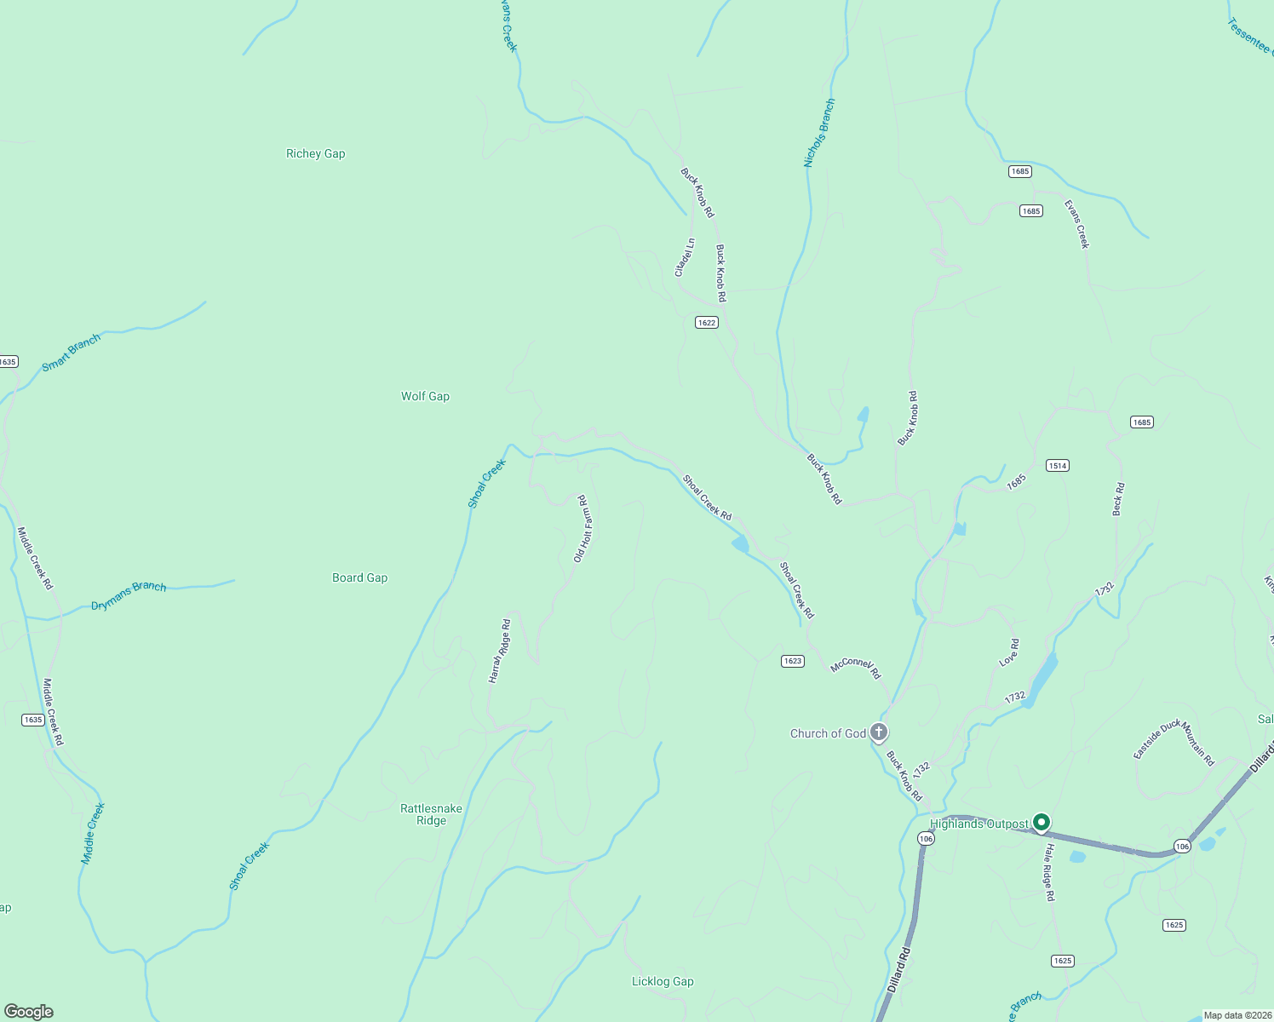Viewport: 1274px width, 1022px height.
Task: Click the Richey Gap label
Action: [x=315, y=153]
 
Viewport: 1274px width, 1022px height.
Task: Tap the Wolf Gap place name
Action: [x=425, y=396]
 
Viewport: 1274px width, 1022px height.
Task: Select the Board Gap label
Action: [x=359, y=577]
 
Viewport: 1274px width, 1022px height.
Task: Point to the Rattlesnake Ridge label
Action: [x=431, y=814]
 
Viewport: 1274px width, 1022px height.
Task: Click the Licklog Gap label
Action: [x=663, y=981]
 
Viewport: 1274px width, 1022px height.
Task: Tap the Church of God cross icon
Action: [x=879, y=732]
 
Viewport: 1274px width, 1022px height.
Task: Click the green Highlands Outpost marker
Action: [x=1041, y=822]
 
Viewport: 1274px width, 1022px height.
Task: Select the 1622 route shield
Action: [x=706, y=322]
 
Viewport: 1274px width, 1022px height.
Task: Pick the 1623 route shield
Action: [x=792, y=661]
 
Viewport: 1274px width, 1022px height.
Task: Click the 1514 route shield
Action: [x=1057, y=466]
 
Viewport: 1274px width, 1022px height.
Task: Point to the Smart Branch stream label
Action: [x=72, y=352]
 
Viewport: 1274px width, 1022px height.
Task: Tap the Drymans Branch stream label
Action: [x=129, y=596]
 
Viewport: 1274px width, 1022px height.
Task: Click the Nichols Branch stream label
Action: [x=819, y=133]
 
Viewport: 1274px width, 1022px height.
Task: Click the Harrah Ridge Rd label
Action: [x=499, y=651]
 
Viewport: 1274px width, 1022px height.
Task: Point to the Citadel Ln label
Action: [x=685, y=256]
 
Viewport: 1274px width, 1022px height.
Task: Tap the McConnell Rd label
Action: [x=856, y=667]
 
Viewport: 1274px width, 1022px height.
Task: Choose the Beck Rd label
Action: [x=1118, y=499]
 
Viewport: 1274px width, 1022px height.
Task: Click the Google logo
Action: [x=29, y=1012]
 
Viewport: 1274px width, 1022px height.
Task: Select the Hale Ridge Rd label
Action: [x=1049, y=872]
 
